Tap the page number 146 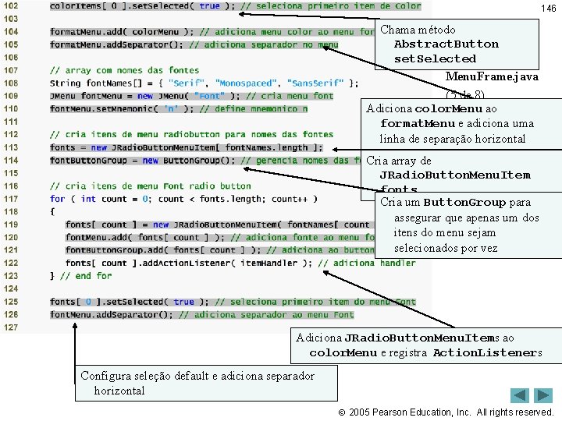(x=549, y=9)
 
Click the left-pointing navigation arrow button (x=520, y=395)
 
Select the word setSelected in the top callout (x=435, y=58)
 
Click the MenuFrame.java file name (x=491, y=76)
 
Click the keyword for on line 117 (x=58, y=199)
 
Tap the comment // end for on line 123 (x=76, y=275)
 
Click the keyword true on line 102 (x=209, y=6)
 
